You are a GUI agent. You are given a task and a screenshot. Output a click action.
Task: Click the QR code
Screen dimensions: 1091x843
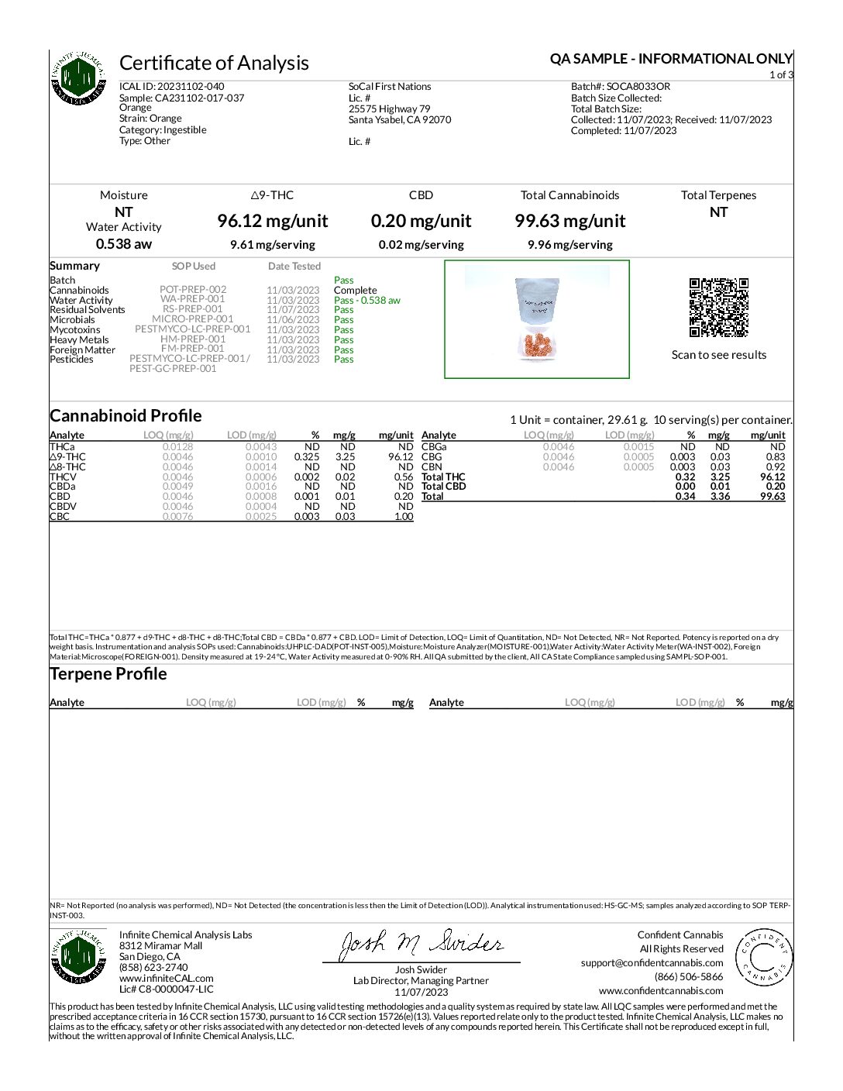(718, 307)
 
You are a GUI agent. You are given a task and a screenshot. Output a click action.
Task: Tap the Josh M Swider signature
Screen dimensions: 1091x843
(421, 945)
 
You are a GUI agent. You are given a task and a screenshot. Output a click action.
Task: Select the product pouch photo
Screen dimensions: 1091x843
(537, 319)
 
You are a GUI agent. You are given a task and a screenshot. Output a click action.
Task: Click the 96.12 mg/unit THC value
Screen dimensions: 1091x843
(273, 221)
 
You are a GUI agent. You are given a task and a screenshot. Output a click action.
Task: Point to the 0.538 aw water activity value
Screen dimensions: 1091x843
(124, 244)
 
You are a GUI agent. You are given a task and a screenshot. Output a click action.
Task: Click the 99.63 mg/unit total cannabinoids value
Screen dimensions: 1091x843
(570, 221)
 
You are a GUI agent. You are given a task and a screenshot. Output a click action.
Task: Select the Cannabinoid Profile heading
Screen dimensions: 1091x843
(126, 415)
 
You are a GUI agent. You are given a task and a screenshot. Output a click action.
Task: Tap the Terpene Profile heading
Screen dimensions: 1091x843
(108, 674)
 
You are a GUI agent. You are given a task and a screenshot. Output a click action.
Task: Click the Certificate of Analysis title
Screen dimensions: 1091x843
(214, 63)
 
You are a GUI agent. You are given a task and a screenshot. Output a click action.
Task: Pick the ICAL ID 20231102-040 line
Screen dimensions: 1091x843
(172, 87)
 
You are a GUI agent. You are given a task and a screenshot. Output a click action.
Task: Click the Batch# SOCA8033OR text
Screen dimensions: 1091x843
(621, 87)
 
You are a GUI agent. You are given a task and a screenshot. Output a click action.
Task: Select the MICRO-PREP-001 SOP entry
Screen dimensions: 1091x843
(192, 319)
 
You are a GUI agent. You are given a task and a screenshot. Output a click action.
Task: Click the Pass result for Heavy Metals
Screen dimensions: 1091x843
(344, 340)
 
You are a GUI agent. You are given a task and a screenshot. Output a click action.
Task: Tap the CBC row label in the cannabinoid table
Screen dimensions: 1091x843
(60, 517)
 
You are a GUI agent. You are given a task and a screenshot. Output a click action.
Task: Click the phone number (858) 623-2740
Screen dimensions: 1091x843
(153, 968)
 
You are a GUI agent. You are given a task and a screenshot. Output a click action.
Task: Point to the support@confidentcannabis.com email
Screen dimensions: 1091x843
(652, 963)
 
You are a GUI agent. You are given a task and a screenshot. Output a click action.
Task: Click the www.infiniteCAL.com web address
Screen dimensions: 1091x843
(166, 979)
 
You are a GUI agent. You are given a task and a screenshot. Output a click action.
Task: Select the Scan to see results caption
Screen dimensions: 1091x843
(718, 355)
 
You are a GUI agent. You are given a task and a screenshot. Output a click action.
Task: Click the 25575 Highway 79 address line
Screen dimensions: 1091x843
(389, 109)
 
